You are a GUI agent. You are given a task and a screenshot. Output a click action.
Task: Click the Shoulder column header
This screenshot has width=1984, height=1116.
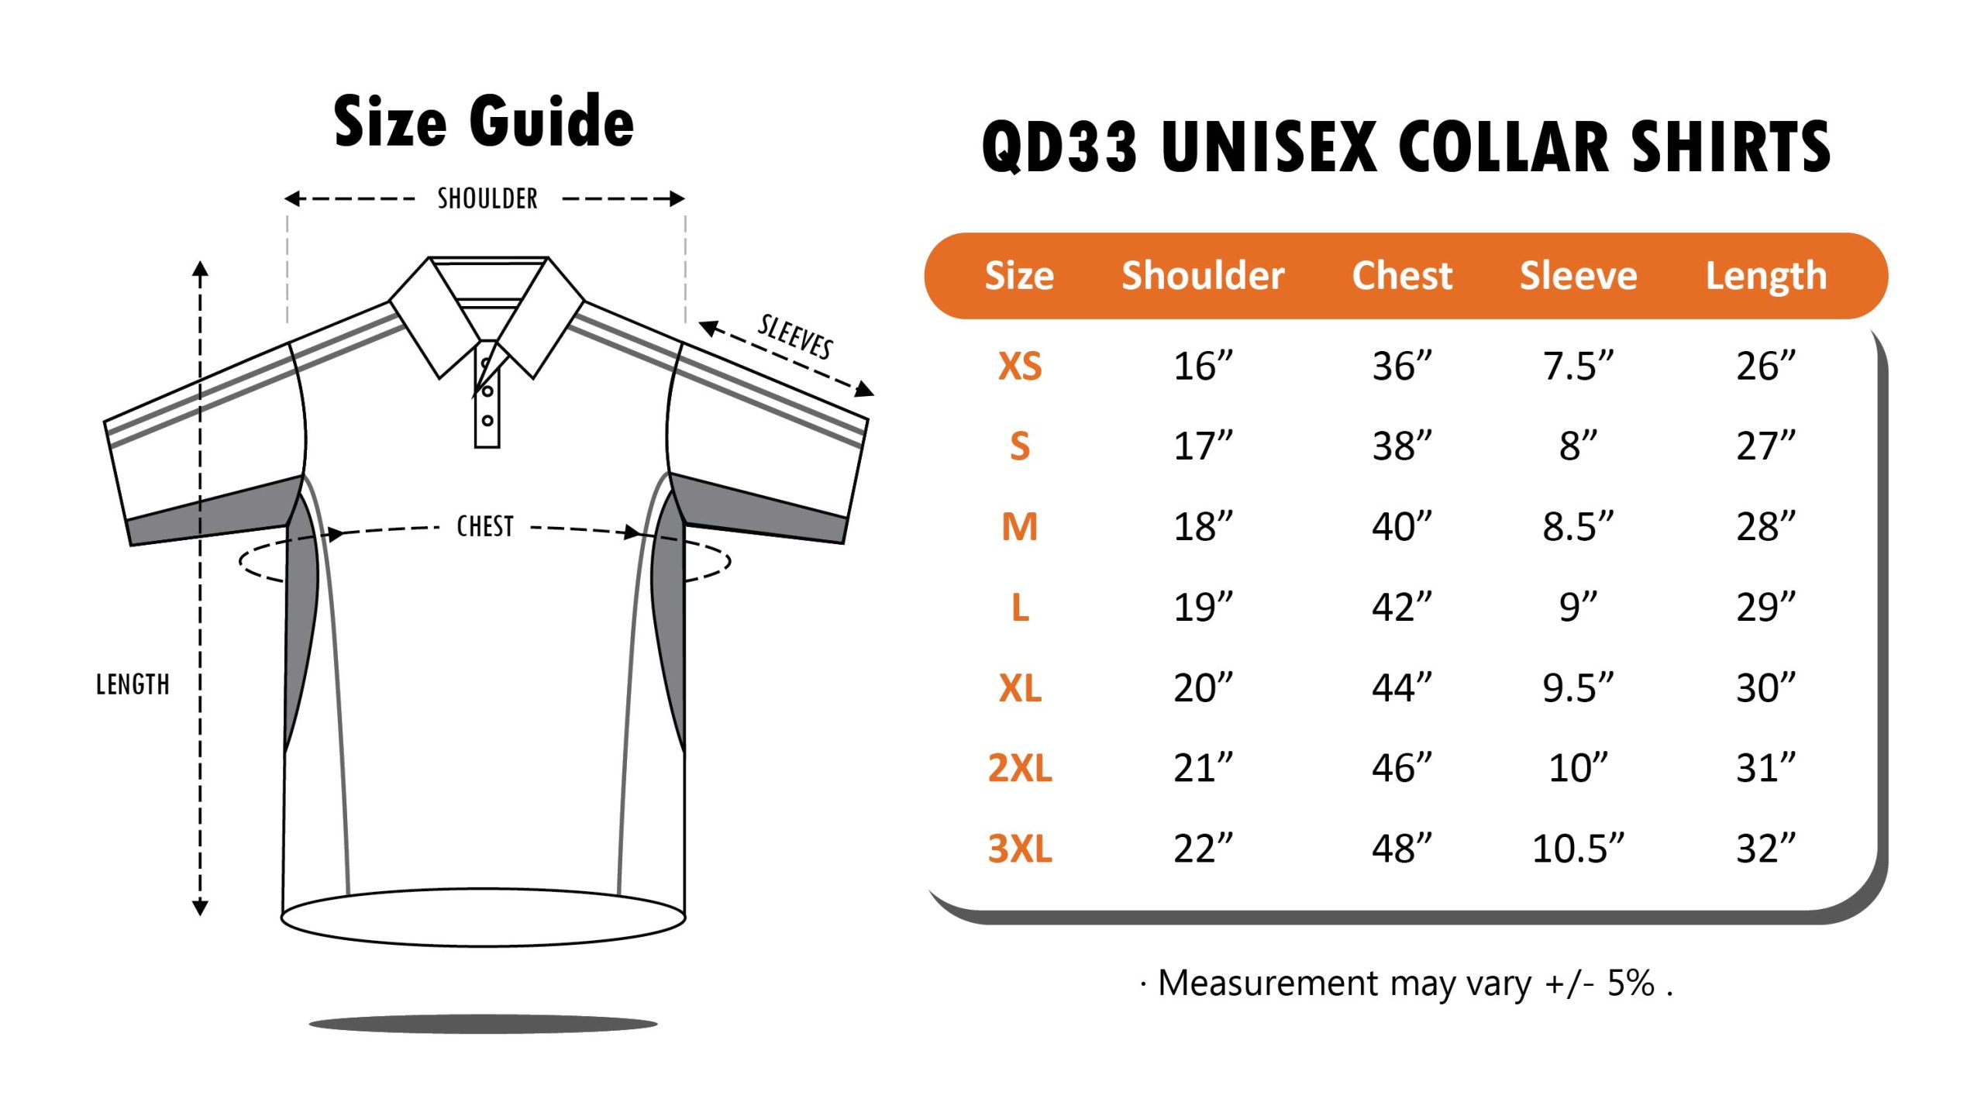click(1202, 276)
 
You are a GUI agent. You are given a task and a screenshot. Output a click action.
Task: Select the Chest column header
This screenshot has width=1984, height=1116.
click(1401, 276)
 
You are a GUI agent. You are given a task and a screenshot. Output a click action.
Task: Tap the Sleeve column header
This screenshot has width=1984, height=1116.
click(1578, 276)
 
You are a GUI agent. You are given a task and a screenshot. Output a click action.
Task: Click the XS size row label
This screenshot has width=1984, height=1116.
click(1019, 367)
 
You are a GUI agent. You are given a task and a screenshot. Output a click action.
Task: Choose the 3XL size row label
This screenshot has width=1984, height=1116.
click(1019, 849)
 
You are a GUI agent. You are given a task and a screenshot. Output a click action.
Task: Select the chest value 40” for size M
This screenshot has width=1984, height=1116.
click(1401, 527)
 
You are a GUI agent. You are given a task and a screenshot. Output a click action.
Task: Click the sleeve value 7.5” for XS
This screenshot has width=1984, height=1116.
click(1578, 367)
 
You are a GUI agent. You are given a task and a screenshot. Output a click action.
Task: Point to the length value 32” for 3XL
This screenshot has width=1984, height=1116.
click(1765, 849)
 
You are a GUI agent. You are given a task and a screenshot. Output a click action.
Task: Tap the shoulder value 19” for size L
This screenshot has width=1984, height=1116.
click(1202, 608)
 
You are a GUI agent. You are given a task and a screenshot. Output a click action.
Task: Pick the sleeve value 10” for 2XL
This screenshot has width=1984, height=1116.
click(1578, 768)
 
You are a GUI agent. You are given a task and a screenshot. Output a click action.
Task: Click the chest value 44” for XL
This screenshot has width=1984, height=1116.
click(1401, 688)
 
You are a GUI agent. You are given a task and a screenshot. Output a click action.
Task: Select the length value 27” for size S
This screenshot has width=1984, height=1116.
click(1765, 446)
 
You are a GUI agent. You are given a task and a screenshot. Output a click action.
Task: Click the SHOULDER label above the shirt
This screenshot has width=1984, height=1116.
click(487, 199)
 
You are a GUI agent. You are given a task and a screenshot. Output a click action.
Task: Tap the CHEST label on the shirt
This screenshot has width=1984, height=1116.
click(485, 527)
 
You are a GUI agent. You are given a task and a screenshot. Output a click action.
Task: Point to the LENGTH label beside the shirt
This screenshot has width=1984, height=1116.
click(133, 685)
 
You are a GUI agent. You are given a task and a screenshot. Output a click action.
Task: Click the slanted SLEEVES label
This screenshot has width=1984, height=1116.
click(795, 338)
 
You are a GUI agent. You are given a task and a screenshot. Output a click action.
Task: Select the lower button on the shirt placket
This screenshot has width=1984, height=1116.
click(487, 421)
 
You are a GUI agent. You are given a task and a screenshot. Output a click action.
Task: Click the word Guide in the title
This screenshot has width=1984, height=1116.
click(552, 122)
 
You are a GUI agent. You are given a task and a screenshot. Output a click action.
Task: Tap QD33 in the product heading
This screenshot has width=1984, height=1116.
click(1059, 147)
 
